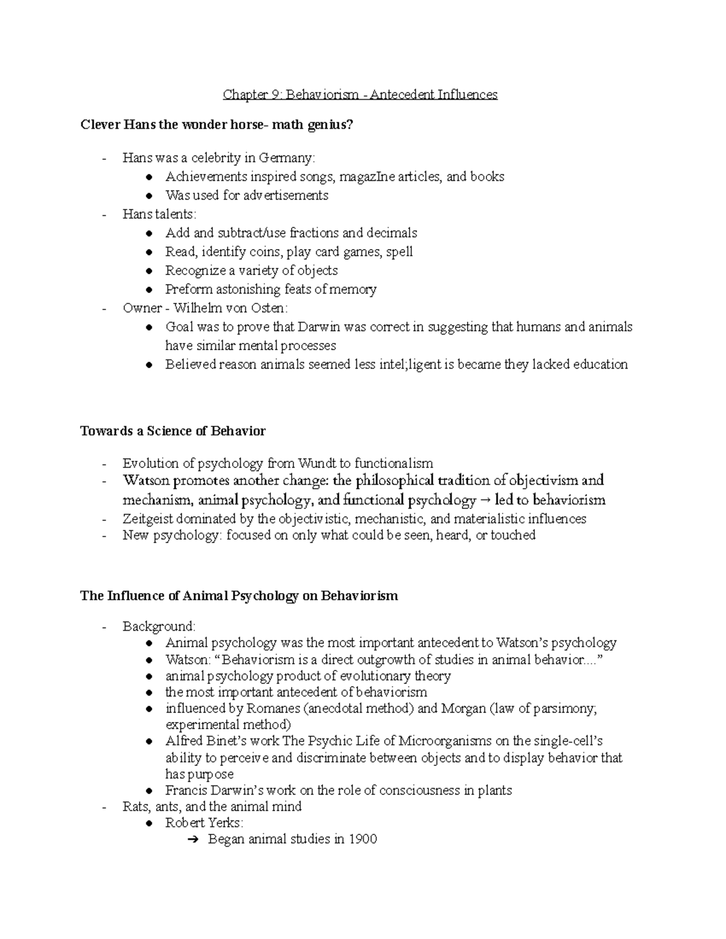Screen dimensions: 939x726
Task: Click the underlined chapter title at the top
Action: coord(360,94)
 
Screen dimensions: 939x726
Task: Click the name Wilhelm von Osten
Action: coord(230,308)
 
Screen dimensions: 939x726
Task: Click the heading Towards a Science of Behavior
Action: coord(172,431)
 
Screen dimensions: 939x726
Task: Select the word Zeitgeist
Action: coord(147,519)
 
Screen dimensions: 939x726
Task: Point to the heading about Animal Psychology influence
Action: coord(239,596)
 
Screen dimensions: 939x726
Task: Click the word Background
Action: coord(158,626)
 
